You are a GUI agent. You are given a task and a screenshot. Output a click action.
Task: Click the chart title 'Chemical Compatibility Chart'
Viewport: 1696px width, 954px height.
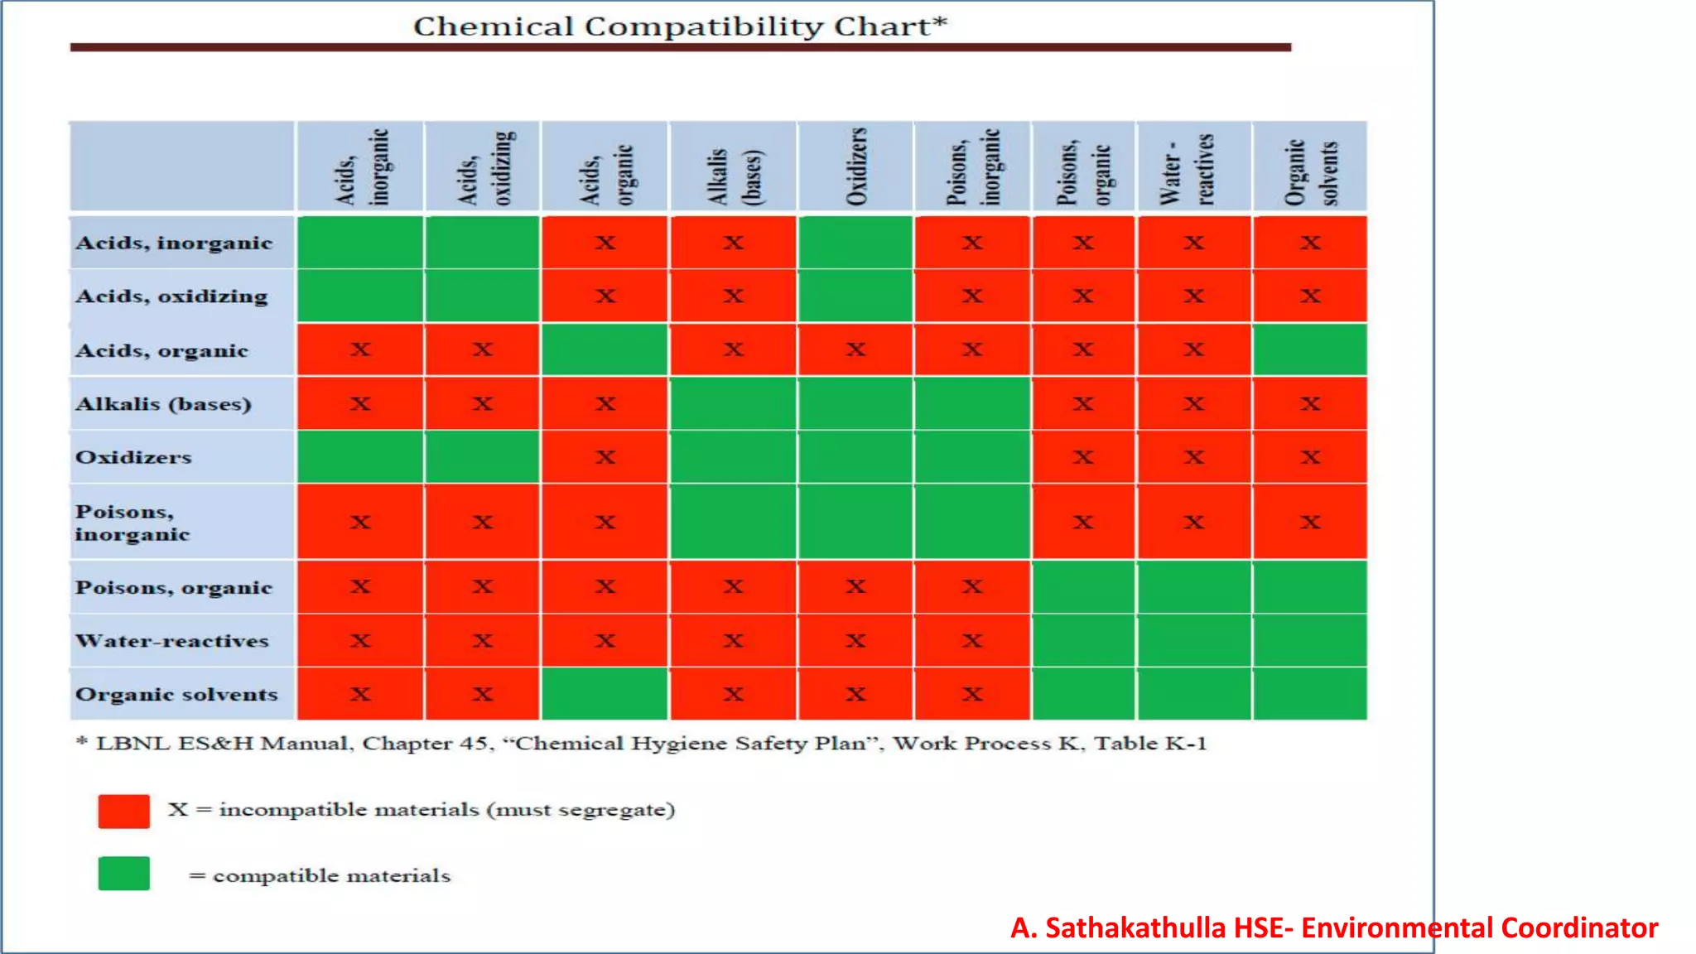679,26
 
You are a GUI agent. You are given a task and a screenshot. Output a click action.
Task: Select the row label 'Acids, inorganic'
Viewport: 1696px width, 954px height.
174,243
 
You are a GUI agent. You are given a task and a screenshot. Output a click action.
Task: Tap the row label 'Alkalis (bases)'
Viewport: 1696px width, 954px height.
163,404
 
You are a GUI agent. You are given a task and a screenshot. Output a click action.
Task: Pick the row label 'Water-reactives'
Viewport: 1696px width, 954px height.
172,641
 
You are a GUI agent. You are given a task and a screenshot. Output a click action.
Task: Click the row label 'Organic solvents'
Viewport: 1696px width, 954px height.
176,695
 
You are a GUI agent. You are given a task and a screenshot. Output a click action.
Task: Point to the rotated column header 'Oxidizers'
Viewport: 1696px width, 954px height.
856,166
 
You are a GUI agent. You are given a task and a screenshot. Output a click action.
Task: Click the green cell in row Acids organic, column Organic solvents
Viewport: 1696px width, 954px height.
1309,349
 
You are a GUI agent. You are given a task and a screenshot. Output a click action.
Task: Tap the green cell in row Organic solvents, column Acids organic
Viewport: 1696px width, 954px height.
605,694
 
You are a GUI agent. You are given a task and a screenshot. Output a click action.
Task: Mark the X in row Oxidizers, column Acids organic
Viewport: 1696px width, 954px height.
605,457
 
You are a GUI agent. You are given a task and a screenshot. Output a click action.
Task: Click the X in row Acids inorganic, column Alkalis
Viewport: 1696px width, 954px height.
733,243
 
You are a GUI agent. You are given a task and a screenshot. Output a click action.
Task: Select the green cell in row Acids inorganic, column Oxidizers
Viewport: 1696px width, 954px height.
855,243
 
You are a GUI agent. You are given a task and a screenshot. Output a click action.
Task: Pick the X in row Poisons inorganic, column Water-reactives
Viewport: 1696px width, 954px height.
1193,522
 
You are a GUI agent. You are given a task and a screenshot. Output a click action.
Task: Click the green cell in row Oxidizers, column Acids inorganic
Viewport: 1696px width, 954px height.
360,457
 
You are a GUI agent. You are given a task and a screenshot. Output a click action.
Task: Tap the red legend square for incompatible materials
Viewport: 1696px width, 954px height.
124,811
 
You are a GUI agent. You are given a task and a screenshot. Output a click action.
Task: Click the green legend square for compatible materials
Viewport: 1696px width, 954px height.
124,874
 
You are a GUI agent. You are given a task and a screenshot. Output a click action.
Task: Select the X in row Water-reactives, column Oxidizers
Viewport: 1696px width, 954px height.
855,641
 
